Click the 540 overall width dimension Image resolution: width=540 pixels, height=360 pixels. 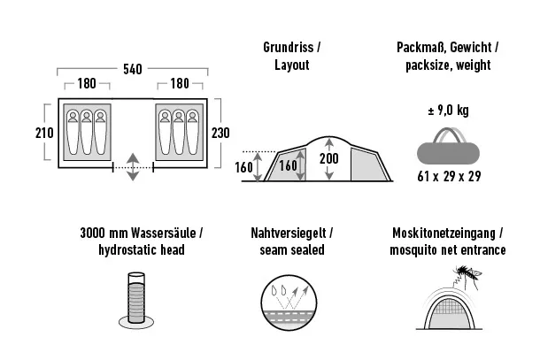(x=133, y=69)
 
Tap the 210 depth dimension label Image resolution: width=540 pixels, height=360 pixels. (x=44, y=133)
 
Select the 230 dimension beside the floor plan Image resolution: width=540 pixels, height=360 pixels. (x=220, y=133)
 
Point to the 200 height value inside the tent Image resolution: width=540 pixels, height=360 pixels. (x=329, y=158)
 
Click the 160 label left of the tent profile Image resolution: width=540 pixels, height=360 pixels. (x=243, y=167)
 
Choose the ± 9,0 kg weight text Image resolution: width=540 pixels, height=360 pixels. (x=449, y=111)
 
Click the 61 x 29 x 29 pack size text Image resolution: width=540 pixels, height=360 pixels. (x=449, y=177)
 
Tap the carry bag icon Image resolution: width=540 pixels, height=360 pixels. (x=448, y=146)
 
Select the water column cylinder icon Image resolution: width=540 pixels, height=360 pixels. (x=136, y=300)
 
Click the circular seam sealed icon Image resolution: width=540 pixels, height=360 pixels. (x=289, y=303)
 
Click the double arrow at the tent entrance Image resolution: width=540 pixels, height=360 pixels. (x=133, y=167)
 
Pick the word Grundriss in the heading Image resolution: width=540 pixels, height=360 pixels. (x=289, y=48)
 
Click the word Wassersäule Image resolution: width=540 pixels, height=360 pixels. (x=163, y=233)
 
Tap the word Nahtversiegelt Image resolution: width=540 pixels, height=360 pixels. (x=289, y=233)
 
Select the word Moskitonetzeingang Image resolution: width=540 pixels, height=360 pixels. (x=444, y=234)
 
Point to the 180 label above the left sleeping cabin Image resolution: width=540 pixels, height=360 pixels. (x=87, y=83)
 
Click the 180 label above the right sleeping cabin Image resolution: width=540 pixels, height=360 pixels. (x=180, y=83)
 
